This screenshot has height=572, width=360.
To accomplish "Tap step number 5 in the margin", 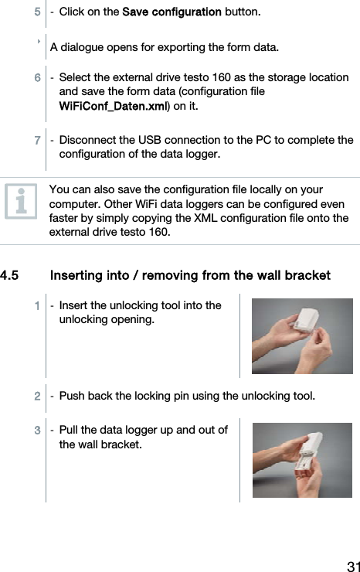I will (x=37, y=12).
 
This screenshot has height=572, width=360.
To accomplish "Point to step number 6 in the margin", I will (x=37, y=78).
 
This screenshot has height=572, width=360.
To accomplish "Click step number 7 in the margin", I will (x=37, y=141).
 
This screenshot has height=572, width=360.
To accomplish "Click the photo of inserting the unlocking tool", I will (x=302, y=335).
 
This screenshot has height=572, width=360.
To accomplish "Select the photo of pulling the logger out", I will (x=302, y=459).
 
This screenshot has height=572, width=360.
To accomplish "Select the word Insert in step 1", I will (x=75, y=305).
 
